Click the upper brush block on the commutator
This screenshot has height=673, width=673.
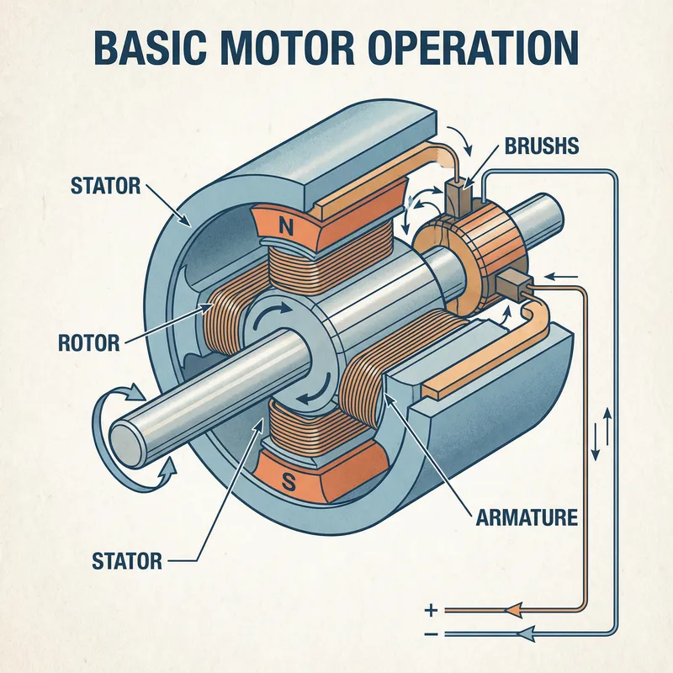pyautogui.click(x=461, y=194)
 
